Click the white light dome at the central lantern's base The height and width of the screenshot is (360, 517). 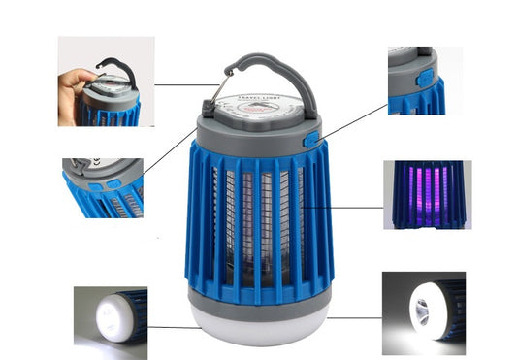[x=259, y=326]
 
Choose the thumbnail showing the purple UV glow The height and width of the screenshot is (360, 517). [x=427, y=194]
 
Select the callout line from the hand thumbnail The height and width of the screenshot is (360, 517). [x=184, y=83]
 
